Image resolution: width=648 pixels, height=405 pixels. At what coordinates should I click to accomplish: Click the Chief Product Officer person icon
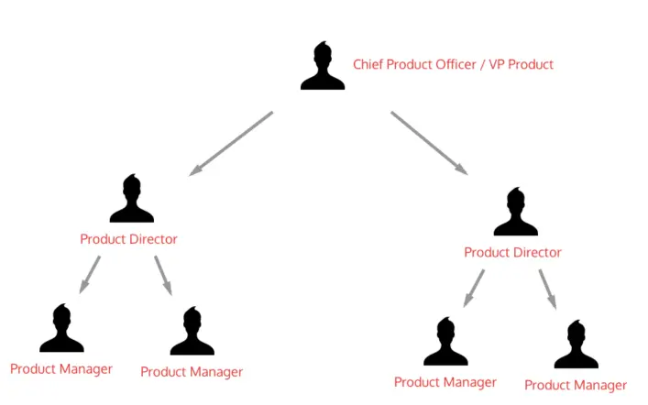(323, 67)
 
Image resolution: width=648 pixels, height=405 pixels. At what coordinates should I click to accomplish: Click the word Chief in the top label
(368, 65)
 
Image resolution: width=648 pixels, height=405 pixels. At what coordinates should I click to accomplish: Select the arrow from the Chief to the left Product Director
(232, 143)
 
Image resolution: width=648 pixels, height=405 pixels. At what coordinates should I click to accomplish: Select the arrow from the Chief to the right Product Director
(429, 143)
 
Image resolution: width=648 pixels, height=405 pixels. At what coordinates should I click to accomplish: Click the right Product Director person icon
(515, 213)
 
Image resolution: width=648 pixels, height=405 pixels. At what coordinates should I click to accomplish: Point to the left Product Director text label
(128, 239)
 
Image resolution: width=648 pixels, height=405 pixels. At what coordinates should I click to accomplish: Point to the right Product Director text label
(512, 252)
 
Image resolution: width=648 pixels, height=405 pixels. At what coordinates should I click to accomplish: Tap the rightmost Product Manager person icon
(576, 345)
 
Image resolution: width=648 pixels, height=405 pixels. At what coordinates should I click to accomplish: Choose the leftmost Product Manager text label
(61, 369)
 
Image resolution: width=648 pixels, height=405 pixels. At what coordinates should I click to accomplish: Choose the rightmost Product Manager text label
(576, 386)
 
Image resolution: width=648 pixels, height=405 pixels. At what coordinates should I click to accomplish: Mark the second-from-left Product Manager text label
(192, 372)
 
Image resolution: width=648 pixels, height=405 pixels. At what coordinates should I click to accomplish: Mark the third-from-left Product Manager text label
(445, 382)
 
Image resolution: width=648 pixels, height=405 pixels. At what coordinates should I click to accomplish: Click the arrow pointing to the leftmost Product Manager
(90, 274)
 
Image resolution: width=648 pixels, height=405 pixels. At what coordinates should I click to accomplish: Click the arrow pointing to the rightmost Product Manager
(547, 288)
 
